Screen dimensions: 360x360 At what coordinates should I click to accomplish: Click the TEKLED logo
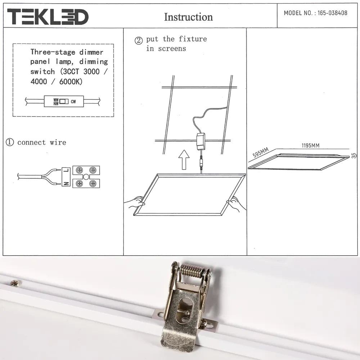[x=48, y=17]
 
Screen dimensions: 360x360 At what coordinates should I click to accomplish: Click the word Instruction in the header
[x=188, y=17]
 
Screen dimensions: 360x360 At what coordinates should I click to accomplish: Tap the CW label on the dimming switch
[x=73, y=102]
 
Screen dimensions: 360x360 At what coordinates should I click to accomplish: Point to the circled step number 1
[x=9, y=143]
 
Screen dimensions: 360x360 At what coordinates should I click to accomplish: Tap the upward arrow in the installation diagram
[x=184, y=159]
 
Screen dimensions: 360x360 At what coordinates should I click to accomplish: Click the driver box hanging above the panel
[x=201, y=141]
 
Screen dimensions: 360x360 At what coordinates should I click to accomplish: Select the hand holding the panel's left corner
[x=135, y=202]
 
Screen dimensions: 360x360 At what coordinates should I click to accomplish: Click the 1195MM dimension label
[x=310, y=145]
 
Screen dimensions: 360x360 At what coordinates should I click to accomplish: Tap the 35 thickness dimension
[x=354, y=156]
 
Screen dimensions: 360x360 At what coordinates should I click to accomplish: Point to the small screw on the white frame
[x=15, y=283]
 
